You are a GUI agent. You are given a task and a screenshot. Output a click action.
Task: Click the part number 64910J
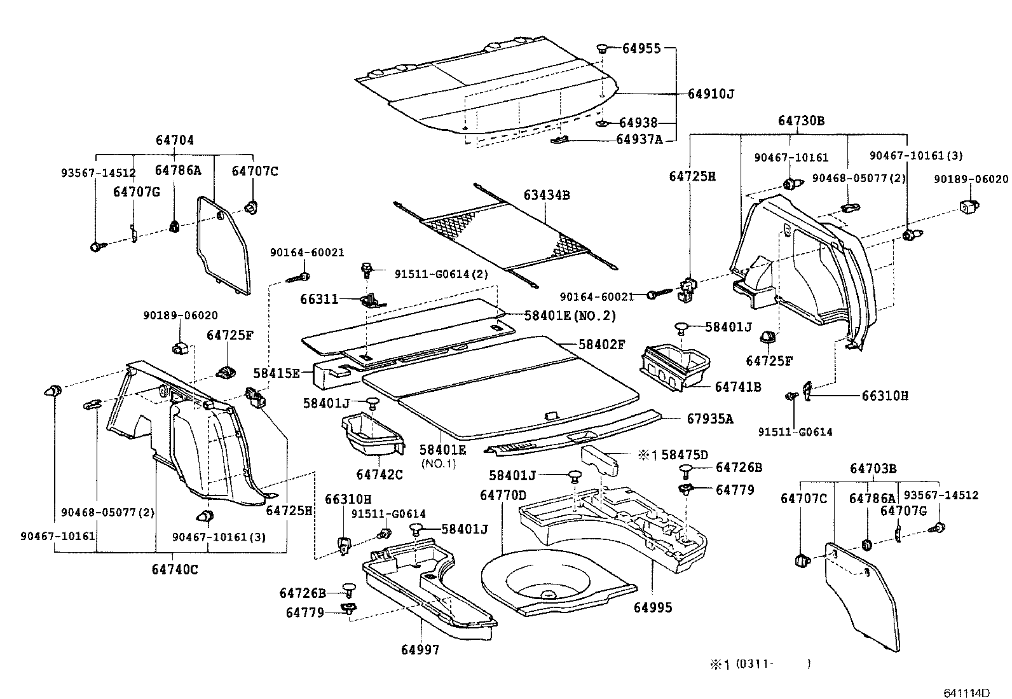tap(711, 94)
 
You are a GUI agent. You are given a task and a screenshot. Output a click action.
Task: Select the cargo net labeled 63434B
tap(509, 235)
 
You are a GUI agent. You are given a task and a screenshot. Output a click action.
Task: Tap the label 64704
tap(174, 141)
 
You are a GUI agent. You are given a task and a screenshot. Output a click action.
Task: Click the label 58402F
tap(601, 345)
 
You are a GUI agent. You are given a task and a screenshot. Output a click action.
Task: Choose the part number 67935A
tap(709, 419)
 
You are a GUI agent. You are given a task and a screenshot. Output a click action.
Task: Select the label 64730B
tap(801, 121)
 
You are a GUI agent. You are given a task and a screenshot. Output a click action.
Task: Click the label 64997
tap(420, 649)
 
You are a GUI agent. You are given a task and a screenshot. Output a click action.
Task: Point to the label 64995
tap(652, 607)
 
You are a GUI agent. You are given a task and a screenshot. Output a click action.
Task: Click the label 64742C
tap(379, 474)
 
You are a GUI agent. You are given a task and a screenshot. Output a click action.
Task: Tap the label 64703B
tap(873, 469)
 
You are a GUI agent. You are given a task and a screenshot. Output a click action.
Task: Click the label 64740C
tap(174, 569)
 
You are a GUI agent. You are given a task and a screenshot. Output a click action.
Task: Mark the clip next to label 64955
tap(603, 48)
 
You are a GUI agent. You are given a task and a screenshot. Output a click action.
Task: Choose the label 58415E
tap(276, 373)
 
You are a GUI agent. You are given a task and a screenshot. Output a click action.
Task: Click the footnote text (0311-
tap(754, 664)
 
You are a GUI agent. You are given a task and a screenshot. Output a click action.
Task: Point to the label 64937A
tap(639, 139)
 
